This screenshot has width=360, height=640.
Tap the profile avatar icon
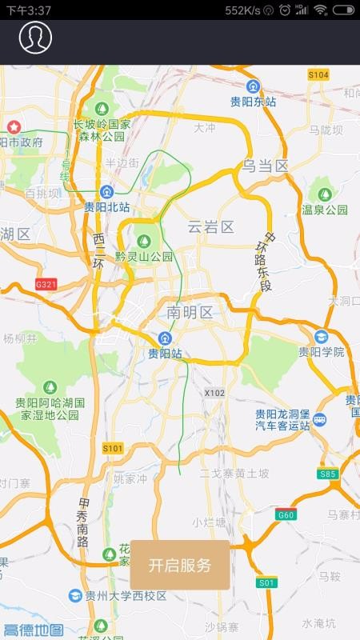pos(35,37)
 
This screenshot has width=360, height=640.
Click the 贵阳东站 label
pos(253,101)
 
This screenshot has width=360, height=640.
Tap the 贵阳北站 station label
pos(107,206)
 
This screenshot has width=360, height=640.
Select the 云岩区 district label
pos(210,227)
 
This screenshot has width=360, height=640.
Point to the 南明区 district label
pos(190,312)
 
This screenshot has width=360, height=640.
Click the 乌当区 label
pos(266,166)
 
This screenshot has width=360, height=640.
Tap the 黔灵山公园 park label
pos(144,256)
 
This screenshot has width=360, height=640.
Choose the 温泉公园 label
pos(325,210)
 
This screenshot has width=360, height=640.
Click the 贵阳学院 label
pos(322,351)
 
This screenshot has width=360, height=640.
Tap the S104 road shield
pos(318,74)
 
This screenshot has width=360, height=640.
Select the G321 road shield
pos(47,284)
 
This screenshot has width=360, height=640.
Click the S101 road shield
pos(113,448)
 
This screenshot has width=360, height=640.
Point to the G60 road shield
pos(286,514)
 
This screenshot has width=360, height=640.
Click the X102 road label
pos(214,393)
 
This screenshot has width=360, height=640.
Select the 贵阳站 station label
pos(165,352)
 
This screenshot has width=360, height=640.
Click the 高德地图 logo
pos(34,630)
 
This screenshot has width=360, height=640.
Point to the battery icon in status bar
pos(343,10)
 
